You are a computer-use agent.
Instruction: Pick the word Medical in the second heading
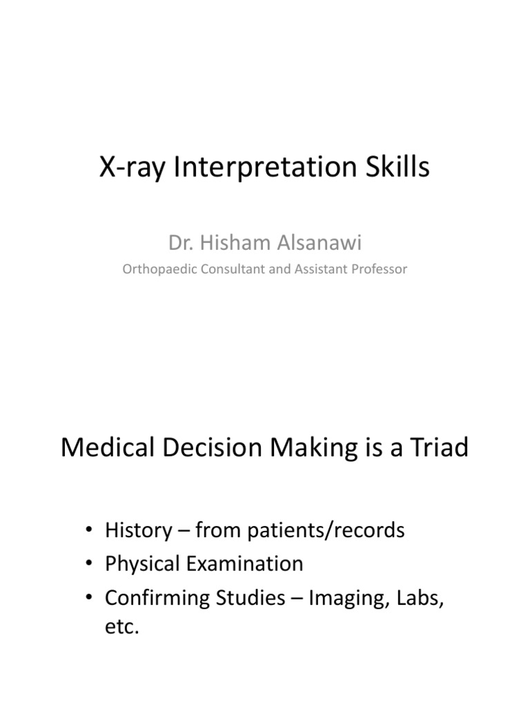(x=104, y=448)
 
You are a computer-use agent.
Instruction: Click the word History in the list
(x=137, y=530)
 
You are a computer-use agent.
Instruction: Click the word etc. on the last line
(x=121, y=628)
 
